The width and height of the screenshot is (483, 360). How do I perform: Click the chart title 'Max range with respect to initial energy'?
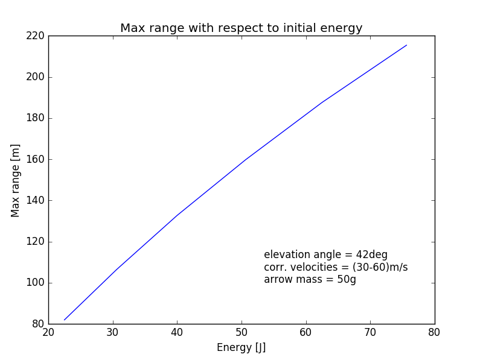[x=241, y=28]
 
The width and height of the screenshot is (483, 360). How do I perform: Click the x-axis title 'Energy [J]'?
[x=241, y=347]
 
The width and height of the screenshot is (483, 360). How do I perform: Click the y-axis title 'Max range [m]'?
[x=16, y=180]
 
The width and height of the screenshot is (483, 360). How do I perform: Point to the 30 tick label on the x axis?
[x=112, y=332]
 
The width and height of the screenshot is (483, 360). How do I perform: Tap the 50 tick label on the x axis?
[x=241, y=332]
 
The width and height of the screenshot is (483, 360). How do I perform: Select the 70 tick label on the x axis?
[x=369, y=332]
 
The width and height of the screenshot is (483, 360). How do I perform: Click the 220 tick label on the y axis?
[x=35, y=36]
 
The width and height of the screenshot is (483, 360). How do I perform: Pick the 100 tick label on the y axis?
[x=35, y=283]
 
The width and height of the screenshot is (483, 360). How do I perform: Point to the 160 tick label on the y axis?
[x=35, y=159]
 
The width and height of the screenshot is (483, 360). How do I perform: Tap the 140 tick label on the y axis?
[x=35, y=201]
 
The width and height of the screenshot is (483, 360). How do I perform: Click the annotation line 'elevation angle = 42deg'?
[x=325, y=254]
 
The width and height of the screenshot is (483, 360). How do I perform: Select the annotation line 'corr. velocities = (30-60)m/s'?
[x=336, y=267]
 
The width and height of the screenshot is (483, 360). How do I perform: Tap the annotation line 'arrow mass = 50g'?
[x=310, y=280]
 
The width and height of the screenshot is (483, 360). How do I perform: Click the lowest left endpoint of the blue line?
[x=65, y=320]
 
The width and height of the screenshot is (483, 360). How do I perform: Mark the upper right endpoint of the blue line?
[x=406, y=45]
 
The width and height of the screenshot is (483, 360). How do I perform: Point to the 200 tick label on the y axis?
[x=35, y=77]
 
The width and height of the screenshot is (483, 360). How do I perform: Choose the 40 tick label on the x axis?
[x=177, y=332]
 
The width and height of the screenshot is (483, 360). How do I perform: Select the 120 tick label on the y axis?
[x=35, y=242]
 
